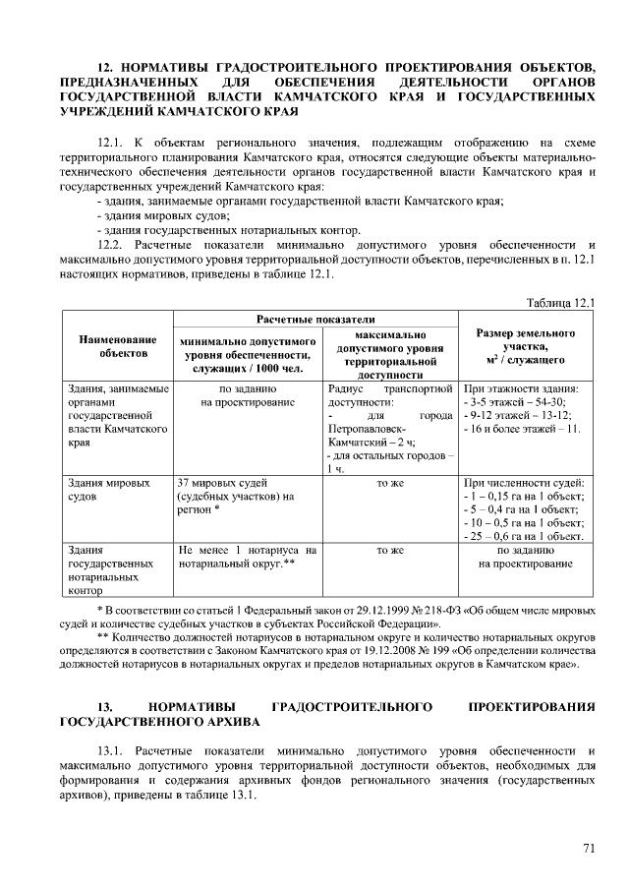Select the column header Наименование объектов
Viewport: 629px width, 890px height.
117,344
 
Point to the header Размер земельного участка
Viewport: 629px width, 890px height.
526,346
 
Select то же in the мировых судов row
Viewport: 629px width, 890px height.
390,484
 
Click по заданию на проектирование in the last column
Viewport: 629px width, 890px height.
526,558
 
